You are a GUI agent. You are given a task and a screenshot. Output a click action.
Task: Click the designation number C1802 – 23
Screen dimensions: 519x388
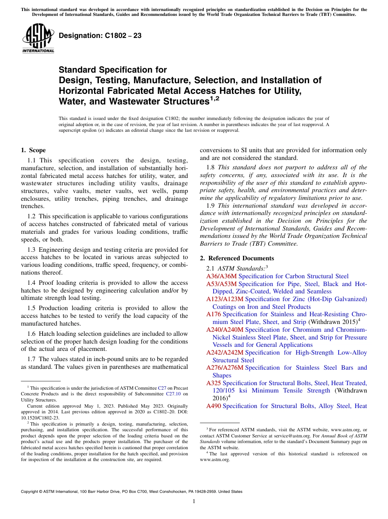click(100, 35)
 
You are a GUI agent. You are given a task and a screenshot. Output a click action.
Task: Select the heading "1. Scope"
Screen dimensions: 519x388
click(33, 150)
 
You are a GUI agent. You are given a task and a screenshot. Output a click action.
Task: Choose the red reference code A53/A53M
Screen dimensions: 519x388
click(221, 284)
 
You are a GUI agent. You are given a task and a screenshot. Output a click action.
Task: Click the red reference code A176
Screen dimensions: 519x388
click(214, 314)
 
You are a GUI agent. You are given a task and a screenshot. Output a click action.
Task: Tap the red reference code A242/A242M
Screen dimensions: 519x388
click(225, 353)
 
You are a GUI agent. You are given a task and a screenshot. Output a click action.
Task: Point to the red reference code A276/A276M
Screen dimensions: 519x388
click(225, 368)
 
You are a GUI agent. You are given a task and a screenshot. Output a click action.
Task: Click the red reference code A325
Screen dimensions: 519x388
click(214, 383)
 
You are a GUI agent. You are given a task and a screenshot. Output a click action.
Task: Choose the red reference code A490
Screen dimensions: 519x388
click(214, 406)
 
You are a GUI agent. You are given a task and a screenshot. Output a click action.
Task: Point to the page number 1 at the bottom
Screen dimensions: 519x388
click(194, 501)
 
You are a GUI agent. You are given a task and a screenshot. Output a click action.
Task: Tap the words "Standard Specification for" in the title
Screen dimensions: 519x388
click(113, 70)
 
